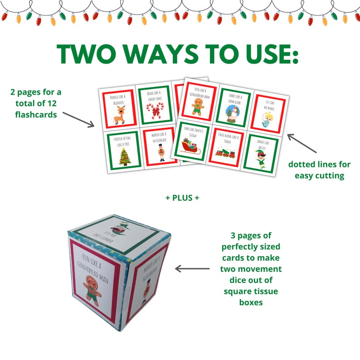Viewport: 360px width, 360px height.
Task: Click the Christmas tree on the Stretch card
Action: [123, 156]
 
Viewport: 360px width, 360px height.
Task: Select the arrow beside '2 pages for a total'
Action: [78, 118]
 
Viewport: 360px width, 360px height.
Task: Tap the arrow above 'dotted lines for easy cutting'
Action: [302, 143]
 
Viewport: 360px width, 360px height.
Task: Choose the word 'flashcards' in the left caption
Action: [36, 115]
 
